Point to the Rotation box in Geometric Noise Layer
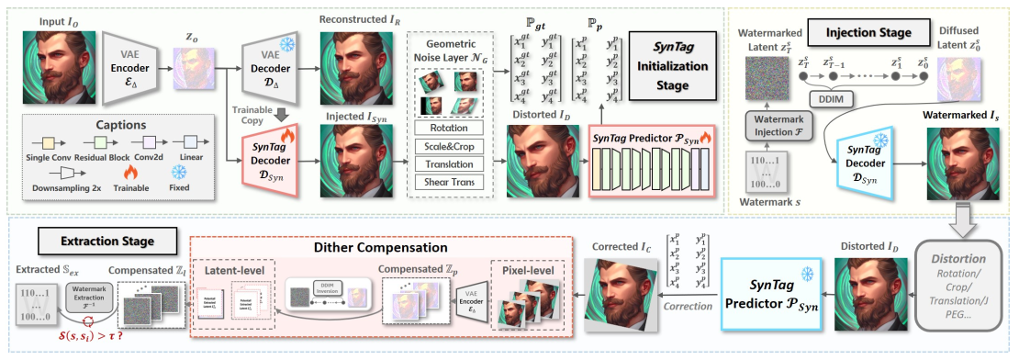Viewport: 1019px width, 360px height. (x=447, y=128)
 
